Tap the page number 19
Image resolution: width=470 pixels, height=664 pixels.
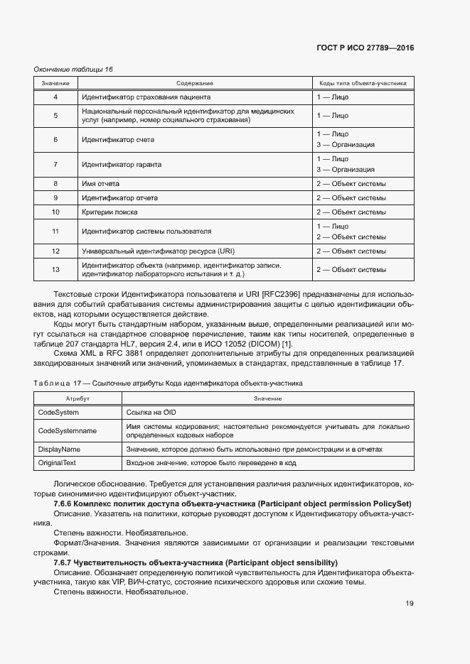[410, 604]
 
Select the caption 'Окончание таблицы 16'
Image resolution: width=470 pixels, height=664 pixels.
[73, 69]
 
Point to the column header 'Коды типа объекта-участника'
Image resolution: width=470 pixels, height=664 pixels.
[363, 83]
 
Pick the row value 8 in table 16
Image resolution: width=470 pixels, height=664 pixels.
[55, 184]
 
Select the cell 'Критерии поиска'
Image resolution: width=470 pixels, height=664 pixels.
[110, 212]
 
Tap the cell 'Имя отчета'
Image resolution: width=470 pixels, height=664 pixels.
[102, 184]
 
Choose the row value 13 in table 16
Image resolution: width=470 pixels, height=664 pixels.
[55, 269]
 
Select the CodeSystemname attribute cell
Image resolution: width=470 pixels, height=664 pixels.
[67, 430]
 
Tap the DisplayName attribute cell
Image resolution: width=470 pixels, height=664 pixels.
[59, 450]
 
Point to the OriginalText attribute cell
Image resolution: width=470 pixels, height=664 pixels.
[58, 463]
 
